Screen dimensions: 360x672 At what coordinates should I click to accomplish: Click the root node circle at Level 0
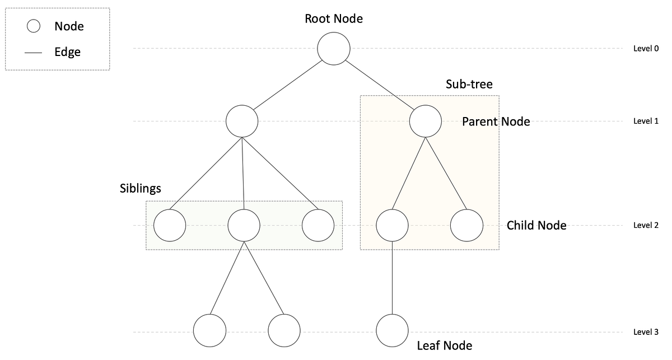[334, 49]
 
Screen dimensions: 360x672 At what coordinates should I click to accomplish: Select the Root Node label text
[334, 18]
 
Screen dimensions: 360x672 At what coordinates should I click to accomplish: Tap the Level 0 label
[645, 49]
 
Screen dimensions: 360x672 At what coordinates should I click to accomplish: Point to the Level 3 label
[645, 332]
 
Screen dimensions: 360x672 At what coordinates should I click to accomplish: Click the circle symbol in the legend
[33, 26]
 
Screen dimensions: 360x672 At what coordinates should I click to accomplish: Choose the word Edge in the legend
[68, 52]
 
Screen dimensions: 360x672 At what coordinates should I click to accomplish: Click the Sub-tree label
[469, 85]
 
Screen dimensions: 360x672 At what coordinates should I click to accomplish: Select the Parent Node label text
[496, 121]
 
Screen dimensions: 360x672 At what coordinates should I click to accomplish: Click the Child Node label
[536, 226]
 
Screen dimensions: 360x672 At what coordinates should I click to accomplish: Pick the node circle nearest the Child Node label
[466, 226]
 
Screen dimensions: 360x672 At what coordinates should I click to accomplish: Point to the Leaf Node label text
[445, 346]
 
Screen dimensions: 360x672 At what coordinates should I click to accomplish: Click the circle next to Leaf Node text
[392, 330]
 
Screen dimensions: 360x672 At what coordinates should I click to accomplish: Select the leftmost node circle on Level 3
[210, 330]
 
